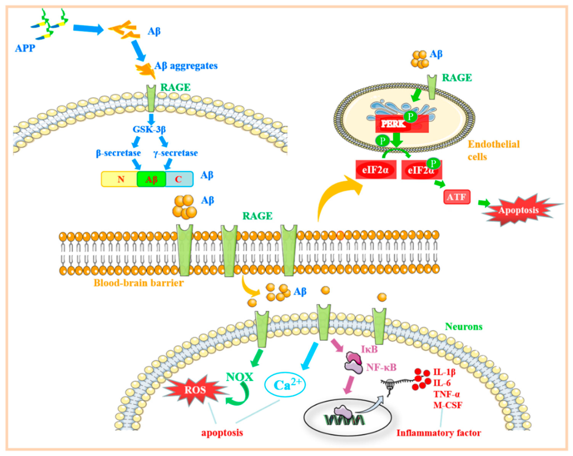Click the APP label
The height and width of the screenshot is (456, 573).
click(25, 48)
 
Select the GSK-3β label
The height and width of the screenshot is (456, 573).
click(149, 129)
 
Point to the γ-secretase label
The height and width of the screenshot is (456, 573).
click(176, 153)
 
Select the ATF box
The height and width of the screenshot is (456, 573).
click(457, 197)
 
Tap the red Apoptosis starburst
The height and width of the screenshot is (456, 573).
click(518, 210)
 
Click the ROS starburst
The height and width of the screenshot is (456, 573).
click(195, 390)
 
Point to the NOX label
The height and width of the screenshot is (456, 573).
click(239, 377)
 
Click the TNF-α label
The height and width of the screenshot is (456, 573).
click(447, 394)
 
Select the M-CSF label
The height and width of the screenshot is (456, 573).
click(448, 405)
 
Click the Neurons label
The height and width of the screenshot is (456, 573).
click(464, 326)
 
